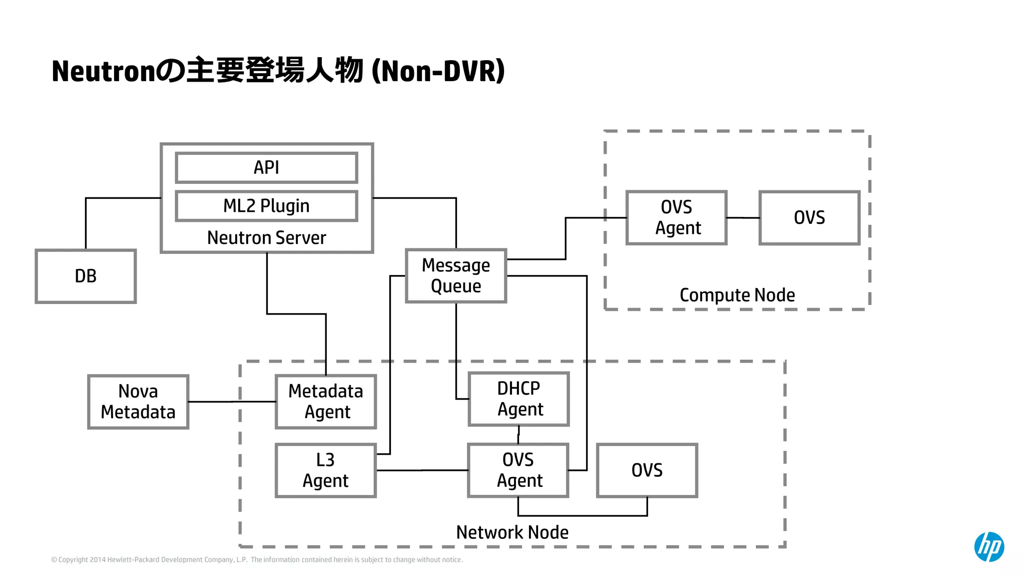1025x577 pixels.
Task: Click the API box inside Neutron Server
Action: point(266,168)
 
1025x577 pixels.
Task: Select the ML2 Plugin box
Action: point(266,206)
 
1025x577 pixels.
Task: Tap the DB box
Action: point(86,276)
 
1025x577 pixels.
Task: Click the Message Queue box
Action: point(456,275)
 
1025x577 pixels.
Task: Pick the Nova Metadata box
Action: point(138,402)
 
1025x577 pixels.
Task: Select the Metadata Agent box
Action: point(326,402)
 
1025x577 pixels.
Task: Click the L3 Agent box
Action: point(326,470)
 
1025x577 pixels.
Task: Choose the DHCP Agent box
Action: point(519,399)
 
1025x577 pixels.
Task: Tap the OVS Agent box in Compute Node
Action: point(677,217)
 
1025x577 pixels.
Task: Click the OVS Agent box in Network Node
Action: point(519,470)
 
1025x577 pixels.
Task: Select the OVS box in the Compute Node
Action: point(809,217)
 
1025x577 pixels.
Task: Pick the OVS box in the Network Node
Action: point(647,470)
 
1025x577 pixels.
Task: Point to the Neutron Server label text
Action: point(266,238)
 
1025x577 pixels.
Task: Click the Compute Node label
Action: point(737,295)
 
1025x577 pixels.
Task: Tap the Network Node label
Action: point(512,532)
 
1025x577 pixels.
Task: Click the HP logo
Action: point(989,546)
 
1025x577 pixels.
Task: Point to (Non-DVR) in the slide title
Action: point(438,71)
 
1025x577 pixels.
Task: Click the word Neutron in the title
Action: point(103,71)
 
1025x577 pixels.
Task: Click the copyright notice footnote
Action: point(257,560)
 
